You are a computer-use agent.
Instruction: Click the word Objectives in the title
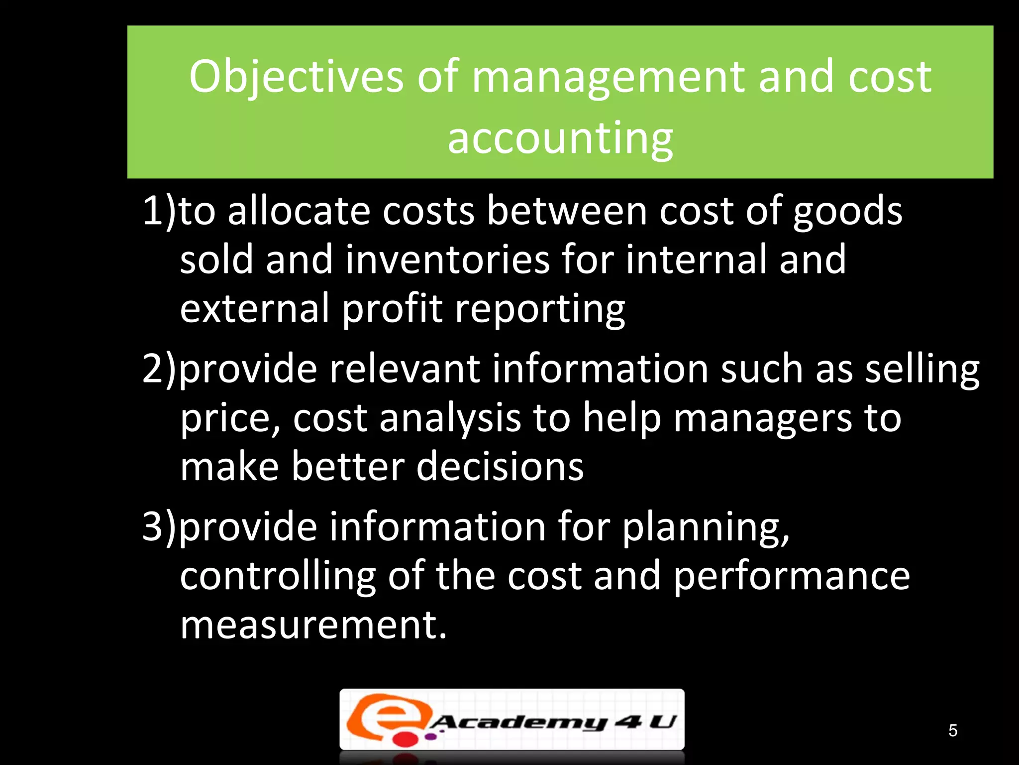[296, 77]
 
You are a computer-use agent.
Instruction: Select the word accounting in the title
[560, 138]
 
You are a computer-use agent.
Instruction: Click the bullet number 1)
[159, 211]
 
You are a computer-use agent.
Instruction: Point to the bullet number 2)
[159, 369]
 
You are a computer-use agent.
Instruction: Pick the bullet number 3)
[159, 527]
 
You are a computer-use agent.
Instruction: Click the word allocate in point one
[299, 211]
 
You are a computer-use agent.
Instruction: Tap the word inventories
[447, 259]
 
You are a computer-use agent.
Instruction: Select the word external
[255, 308]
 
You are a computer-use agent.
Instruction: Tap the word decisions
[500, 467]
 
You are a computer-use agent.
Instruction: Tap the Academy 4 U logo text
[552, 722]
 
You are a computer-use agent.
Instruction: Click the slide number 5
[953, 731]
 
